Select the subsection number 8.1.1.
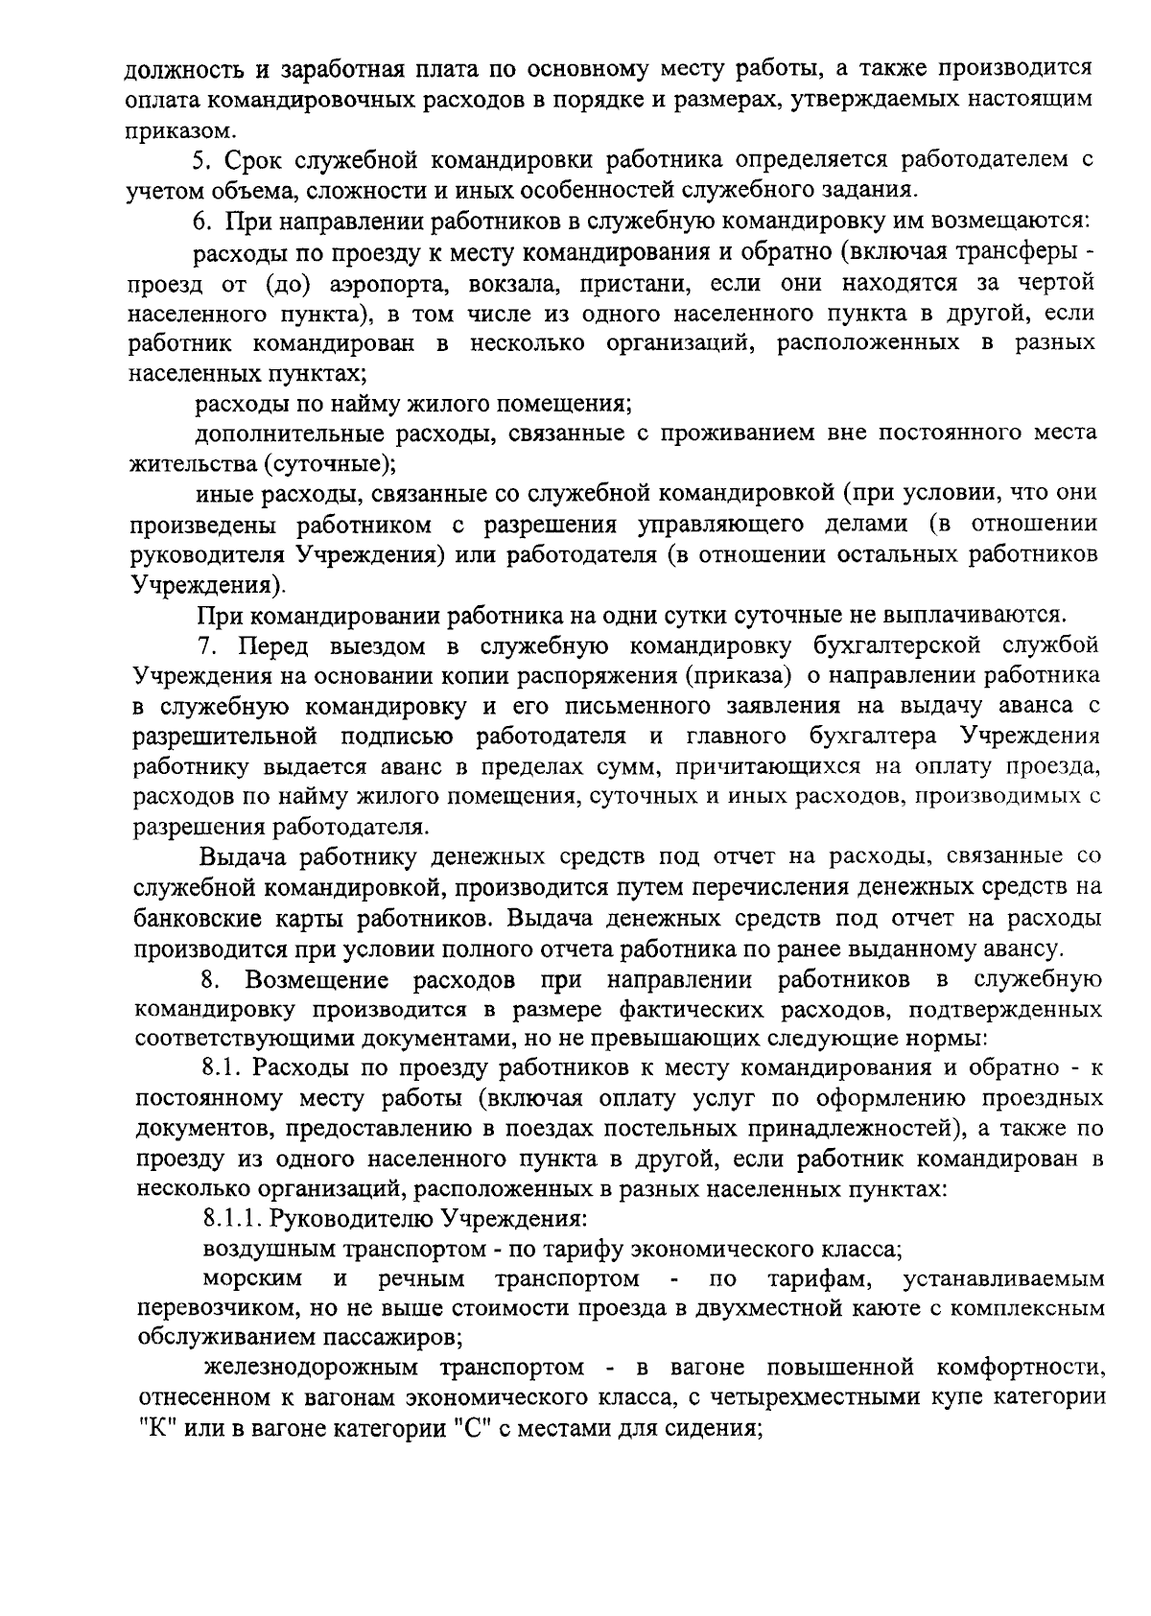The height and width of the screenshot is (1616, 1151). [x=231, y=1219]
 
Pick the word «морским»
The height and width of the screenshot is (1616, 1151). [x=251, y=1279]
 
